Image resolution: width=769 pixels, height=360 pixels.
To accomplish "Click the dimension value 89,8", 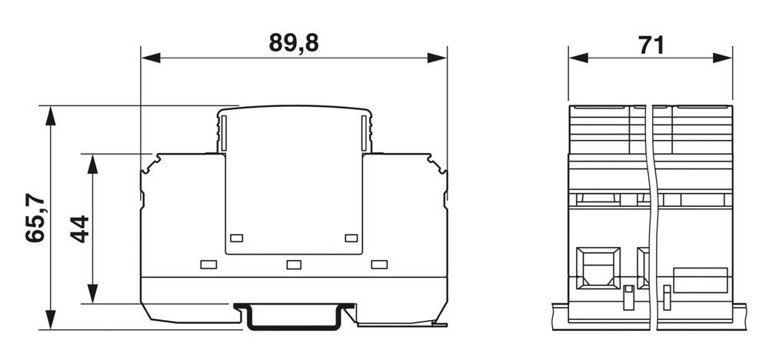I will pos(293,43).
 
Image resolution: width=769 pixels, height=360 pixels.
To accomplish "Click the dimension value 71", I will pos(651,45).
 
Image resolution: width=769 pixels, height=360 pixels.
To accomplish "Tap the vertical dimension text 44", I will pos(80,228).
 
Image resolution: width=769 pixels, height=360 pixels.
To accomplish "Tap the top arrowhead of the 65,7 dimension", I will pos(51,115).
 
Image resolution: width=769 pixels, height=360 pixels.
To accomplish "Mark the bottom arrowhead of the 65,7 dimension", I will pos(51,320).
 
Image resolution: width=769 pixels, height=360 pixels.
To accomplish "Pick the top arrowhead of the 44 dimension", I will pos(92,164).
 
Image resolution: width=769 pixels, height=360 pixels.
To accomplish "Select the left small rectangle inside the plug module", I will pos(237,238).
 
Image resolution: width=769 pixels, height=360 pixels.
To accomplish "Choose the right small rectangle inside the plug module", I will pos(351,238).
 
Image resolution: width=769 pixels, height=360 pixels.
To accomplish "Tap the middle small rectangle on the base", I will pos(293,265).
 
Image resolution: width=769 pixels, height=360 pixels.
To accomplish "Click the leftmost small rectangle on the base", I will pos(208,265).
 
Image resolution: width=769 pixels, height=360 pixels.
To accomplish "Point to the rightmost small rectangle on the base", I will pos(378,265).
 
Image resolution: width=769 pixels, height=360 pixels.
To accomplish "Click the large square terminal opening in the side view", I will pos(598,268).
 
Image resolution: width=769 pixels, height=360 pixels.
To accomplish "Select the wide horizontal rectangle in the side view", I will pos(700,280).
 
